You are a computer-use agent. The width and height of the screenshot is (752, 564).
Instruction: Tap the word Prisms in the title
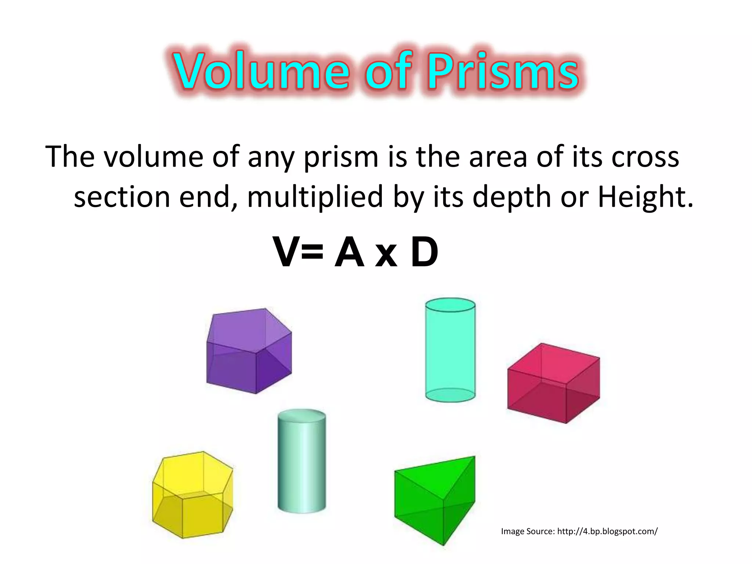503,71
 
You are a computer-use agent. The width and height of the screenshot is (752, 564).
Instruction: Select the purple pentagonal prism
249,351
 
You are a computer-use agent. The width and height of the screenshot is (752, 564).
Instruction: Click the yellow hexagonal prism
192,495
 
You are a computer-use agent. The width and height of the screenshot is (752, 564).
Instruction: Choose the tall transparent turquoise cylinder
450,351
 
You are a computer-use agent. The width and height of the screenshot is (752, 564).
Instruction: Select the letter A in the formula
350,253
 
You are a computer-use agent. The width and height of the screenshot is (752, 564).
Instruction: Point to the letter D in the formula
424,253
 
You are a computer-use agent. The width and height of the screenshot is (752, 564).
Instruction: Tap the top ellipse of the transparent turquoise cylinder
450,305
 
